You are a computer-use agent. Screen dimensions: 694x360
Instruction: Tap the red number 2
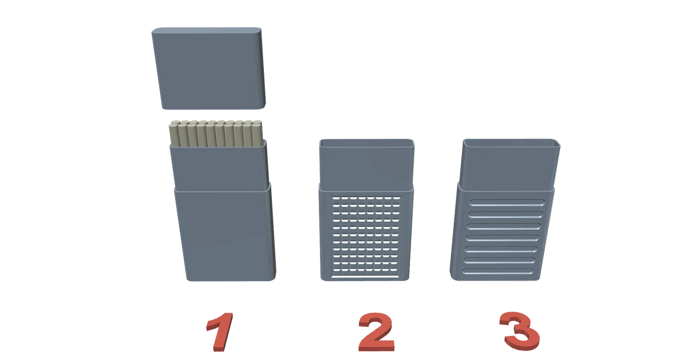coord(376,332)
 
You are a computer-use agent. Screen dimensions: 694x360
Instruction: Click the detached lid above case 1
coord(208,68)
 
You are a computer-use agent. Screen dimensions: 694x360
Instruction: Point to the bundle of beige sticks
coord(216,134)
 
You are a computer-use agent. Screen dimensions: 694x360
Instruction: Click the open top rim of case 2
coord(367,143)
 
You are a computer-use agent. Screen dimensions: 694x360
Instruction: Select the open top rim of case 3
coord(512,142)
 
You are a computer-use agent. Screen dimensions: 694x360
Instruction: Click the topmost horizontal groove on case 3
coord(507,203)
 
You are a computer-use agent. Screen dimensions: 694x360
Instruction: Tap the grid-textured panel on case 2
coord(366,237)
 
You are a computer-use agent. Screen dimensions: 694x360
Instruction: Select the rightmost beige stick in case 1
coord(257,134)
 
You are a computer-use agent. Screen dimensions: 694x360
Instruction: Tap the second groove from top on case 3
coord(506,215)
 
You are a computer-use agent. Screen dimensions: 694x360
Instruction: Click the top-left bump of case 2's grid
coord(336,198)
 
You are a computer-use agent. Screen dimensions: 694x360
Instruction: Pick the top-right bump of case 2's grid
coord(397,198)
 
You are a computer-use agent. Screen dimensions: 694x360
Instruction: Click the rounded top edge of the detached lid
coord(206,30)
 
